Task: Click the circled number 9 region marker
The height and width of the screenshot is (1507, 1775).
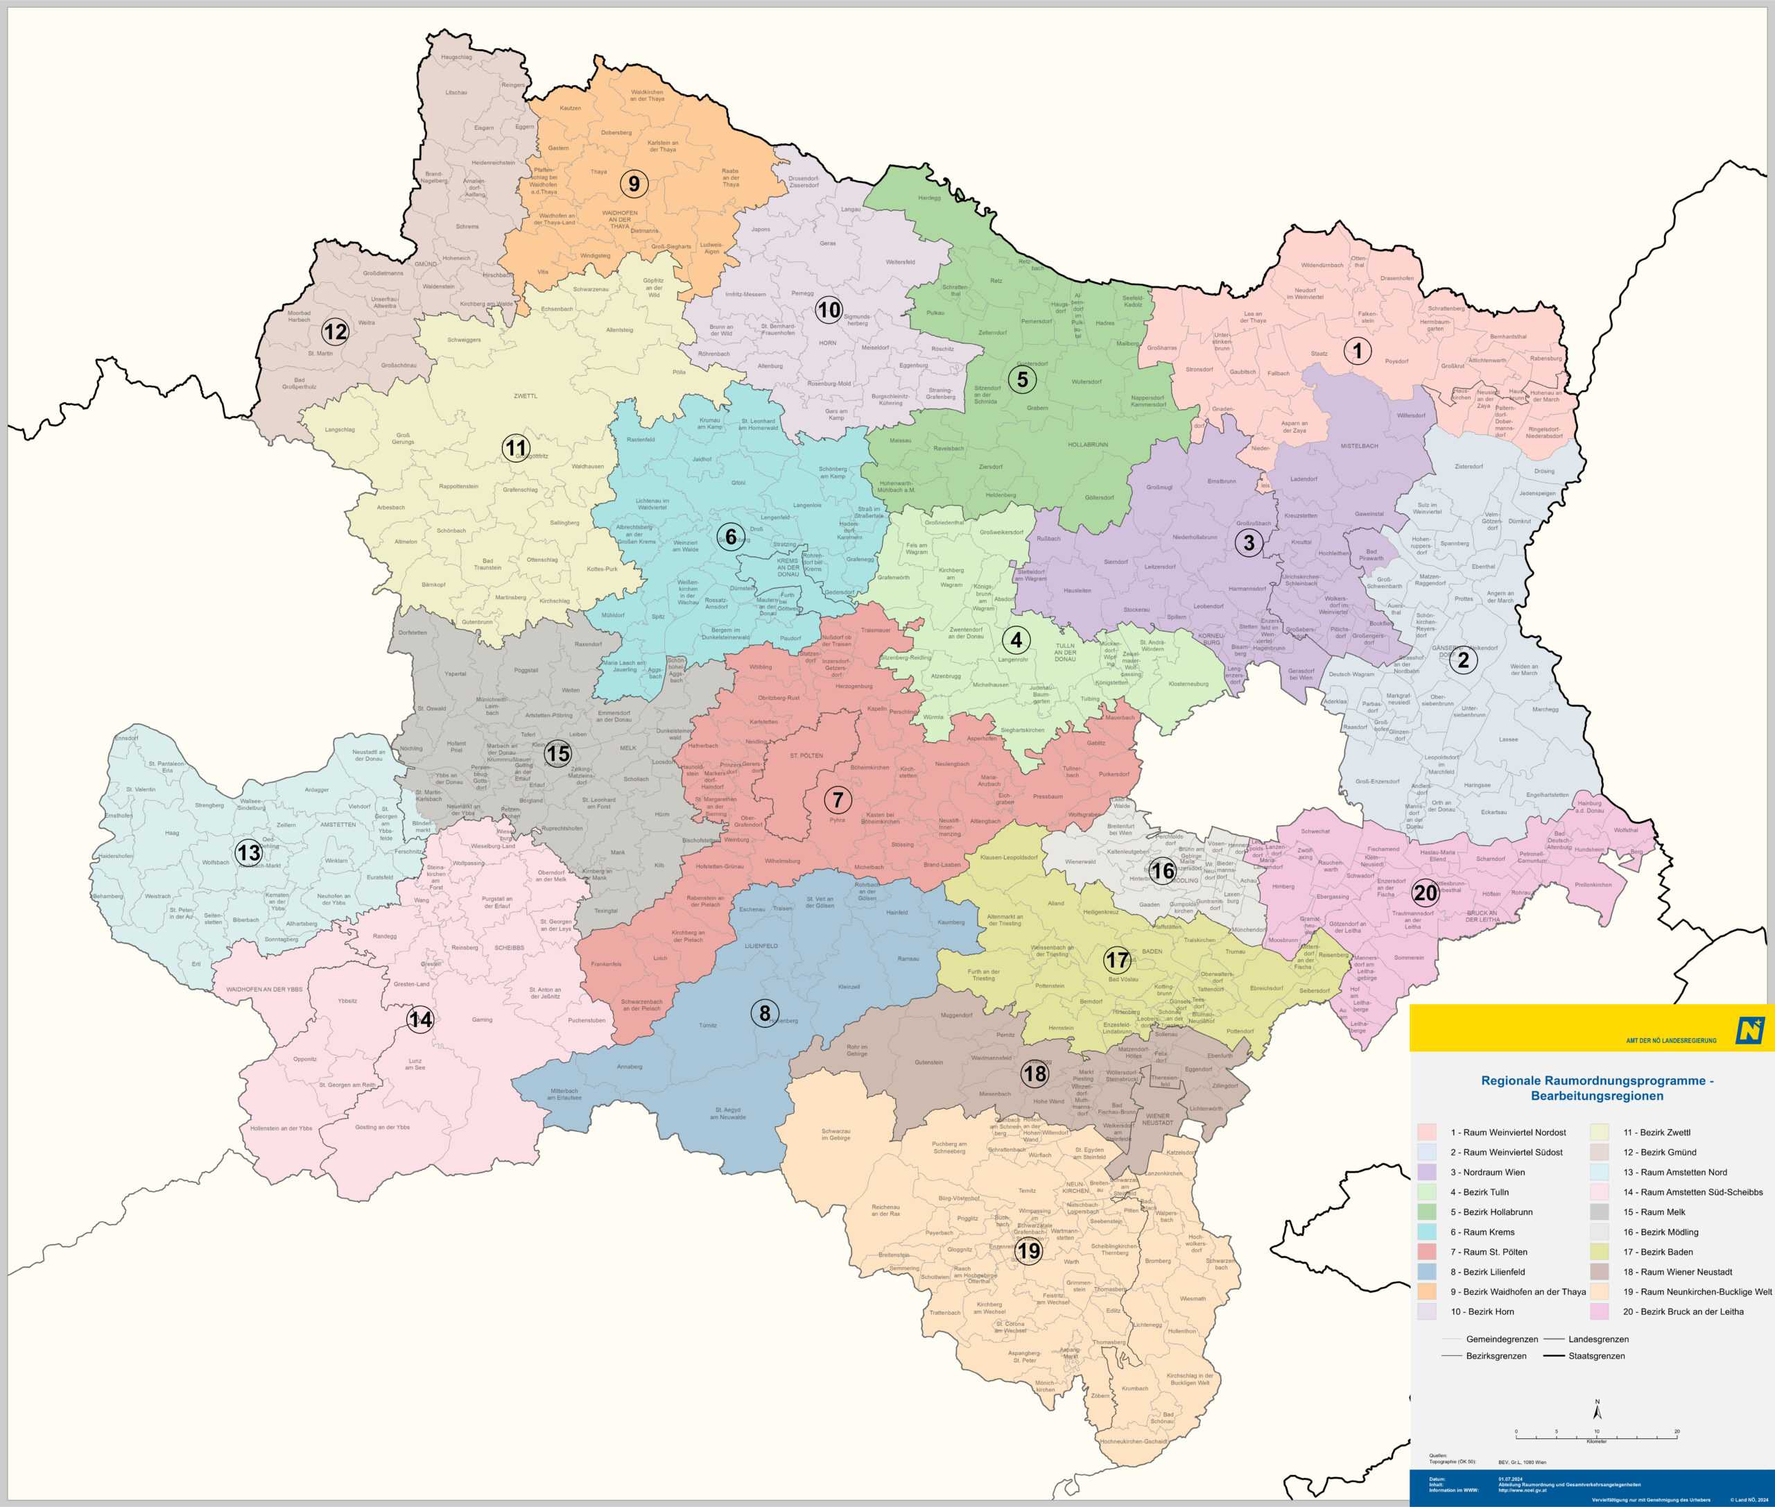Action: click(634, 184)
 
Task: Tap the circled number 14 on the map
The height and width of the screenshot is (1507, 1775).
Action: click(420, 1019)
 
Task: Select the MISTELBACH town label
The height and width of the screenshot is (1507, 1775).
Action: click(1359, 446)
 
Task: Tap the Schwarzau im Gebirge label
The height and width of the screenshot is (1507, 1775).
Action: click(835, 1134)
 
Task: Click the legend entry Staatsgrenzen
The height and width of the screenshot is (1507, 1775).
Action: click(1595, 1356)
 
